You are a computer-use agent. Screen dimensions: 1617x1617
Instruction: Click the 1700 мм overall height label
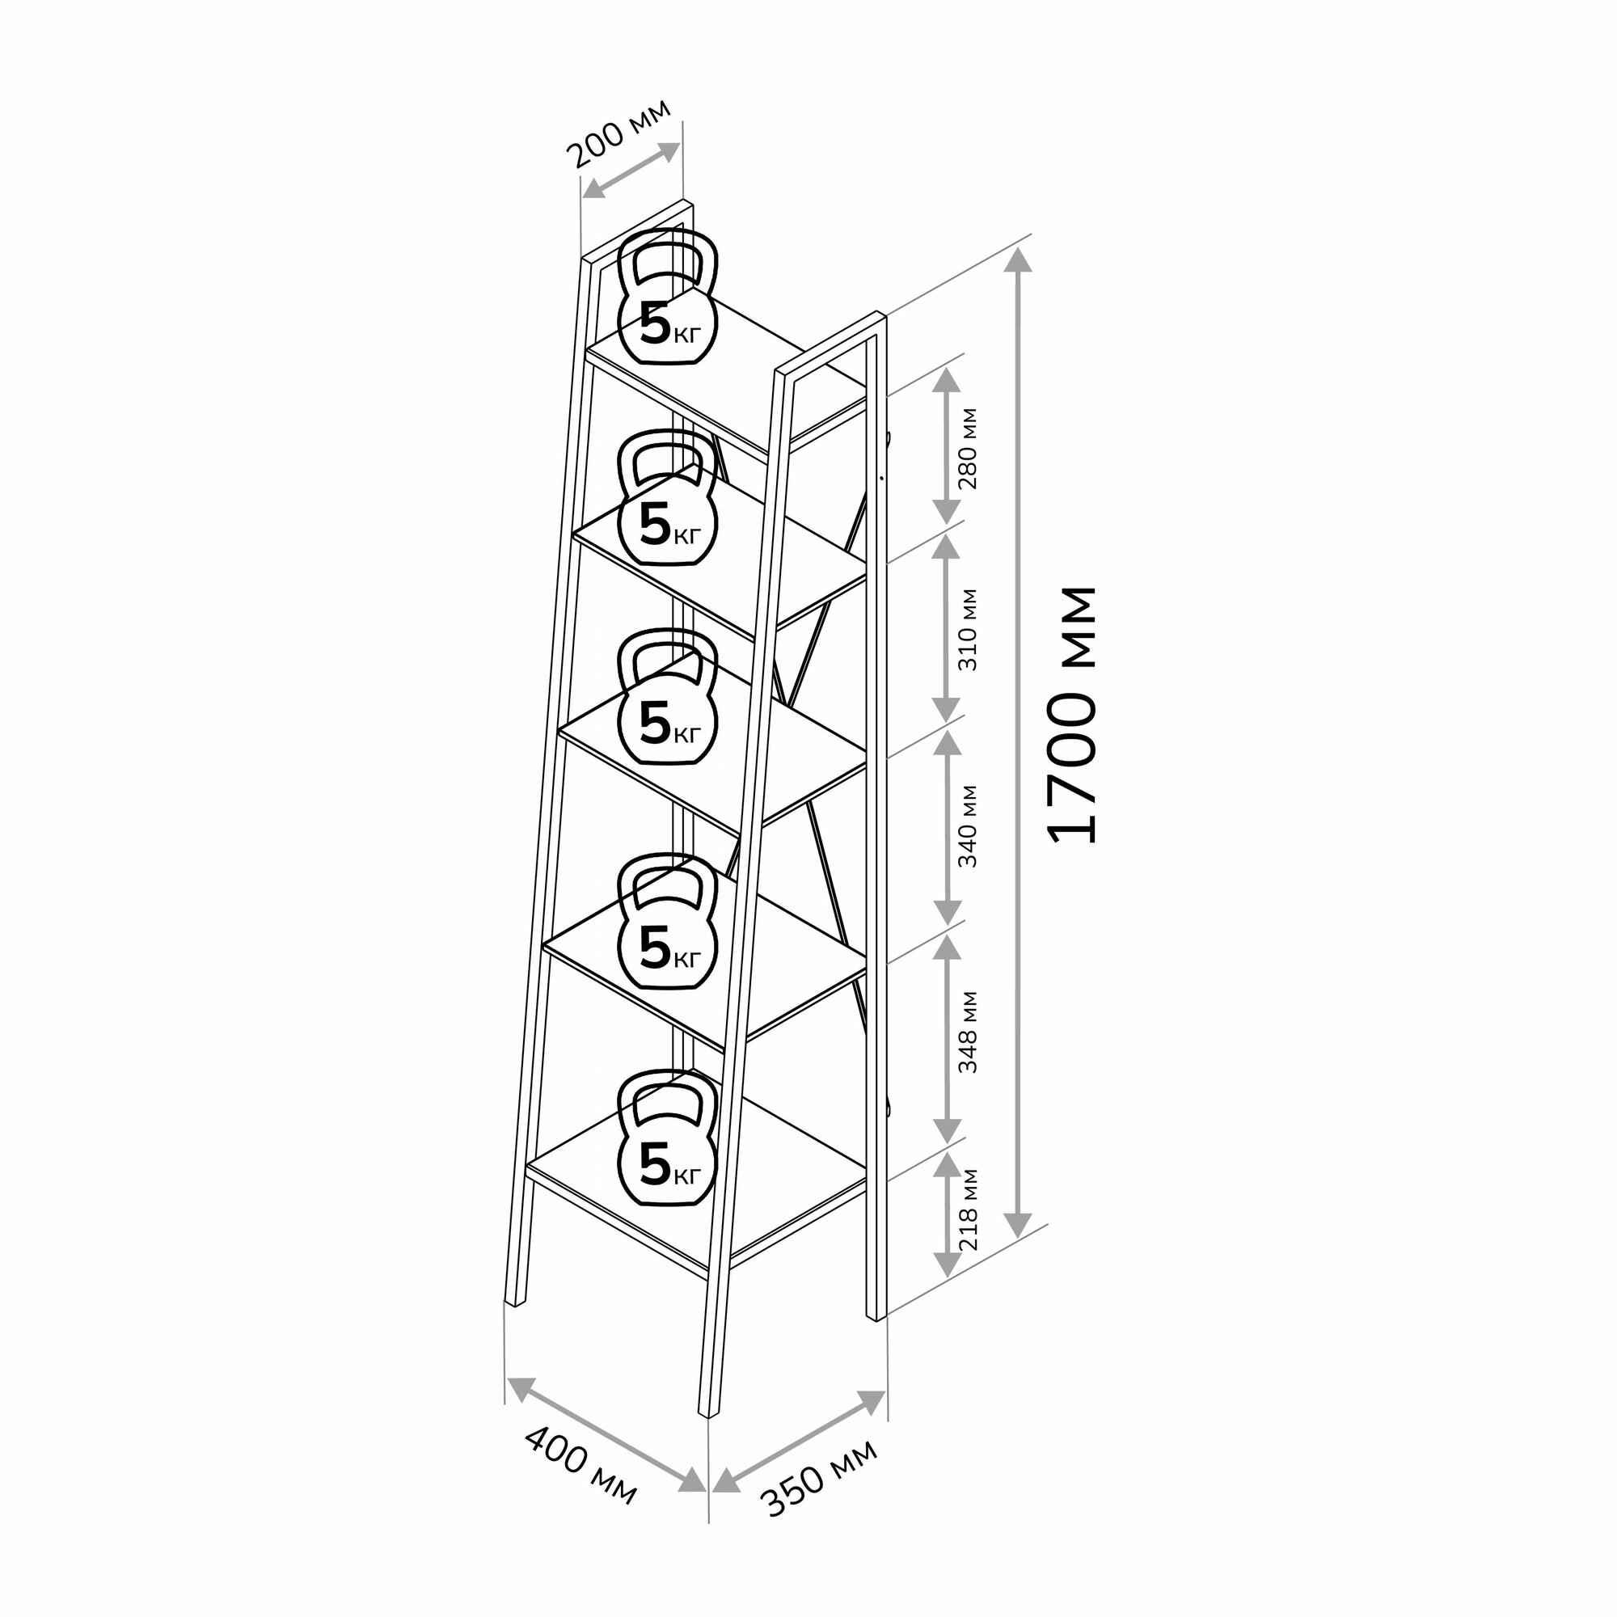1072,714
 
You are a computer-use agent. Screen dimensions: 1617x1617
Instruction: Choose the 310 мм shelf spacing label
969,629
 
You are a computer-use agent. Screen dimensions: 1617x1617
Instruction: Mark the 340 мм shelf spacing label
969,825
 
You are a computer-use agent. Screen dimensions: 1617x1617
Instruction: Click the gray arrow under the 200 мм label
631,169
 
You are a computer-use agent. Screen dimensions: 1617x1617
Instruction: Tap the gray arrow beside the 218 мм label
947,1214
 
